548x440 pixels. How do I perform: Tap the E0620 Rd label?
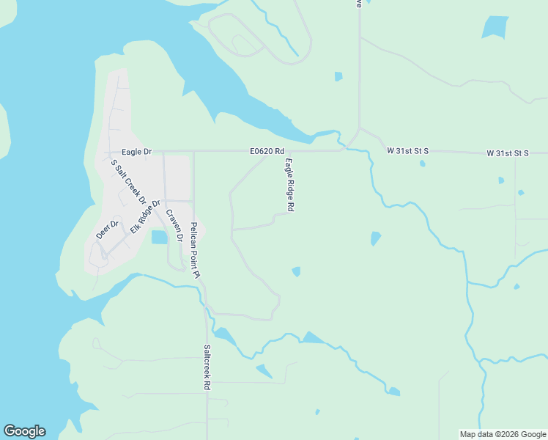coord(266,152)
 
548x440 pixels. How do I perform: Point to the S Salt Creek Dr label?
coord(128,182)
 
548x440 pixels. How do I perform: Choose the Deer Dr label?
coord(107,230)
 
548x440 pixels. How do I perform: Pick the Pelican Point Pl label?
coord(195,250)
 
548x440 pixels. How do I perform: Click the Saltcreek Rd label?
coord(207,367)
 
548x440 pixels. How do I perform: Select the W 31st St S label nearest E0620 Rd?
coord(407,151)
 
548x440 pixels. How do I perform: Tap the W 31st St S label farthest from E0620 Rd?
coord(508,153)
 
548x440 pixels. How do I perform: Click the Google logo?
coord(24,431)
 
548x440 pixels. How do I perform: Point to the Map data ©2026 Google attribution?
coord(503,434)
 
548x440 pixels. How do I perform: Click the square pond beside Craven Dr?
coord(159,237)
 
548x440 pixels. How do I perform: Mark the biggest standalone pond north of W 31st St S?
coord(495,27)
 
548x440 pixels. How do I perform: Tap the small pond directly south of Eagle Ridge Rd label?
coord(296,271)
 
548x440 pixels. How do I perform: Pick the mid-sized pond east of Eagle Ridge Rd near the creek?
coord(376,238)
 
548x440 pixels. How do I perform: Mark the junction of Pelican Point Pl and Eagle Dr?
coord(193,152)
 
